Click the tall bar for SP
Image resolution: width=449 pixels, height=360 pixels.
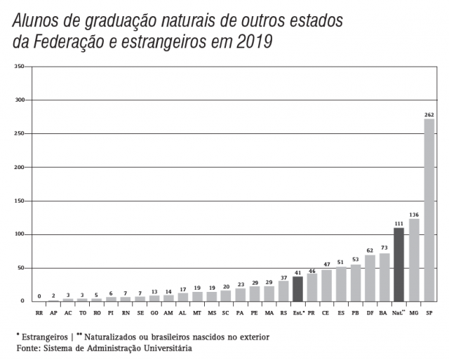pyautogui.click(x=429, y=211)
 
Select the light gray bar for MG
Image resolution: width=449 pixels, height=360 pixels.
pyautogui.click(x=414, y=260)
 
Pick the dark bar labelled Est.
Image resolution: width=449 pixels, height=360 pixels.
pyautogui.click(x=297, y=288)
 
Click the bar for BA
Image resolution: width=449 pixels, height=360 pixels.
pyautogui.click(x=384, y=277)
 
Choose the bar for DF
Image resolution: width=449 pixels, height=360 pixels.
pyautogui.click(x=370, y=279)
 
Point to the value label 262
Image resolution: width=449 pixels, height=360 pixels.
pyautogui.click(x=429, y=114)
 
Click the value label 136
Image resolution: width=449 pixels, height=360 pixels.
pyautogui.click(x=414, y=214)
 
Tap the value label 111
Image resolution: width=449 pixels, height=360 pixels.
pyautogui.click(x=399, y=223)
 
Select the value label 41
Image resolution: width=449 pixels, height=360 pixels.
pyautogui.click(x=297, y=272)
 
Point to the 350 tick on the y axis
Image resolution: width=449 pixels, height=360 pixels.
pyautogui.click(x=19, y=67)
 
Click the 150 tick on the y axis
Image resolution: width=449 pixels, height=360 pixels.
pyautogui.click(x=19, y=201)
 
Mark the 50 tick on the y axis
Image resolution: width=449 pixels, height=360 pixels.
pyautogui.click(x=20, y=268)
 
